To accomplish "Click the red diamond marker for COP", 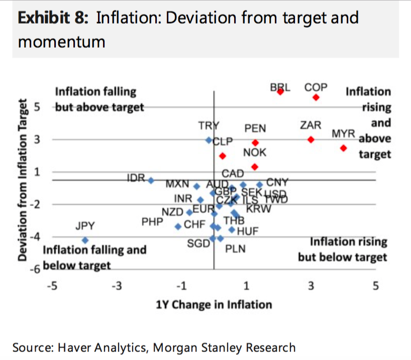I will pos(316,97).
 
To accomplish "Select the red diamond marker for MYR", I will pos(343,148).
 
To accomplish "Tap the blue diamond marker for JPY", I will pos(85,241).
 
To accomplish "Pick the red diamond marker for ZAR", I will pos(311,140).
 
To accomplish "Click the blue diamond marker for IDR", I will pos(151,180).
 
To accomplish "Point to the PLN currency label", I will pos(235,249).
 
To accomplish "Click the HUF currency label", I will pos(247,231).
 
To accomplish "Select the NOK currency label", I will pos(254,153).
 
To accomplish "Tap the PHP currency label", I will pos(152,220).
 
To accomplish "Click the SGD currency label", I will pos(197,244).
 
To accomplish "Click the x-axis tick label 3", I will pos(311,286).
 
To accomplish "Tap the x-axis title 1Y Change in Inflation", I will pos(214,305).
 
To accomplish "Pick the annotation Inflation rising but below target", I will pos(343,250).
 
